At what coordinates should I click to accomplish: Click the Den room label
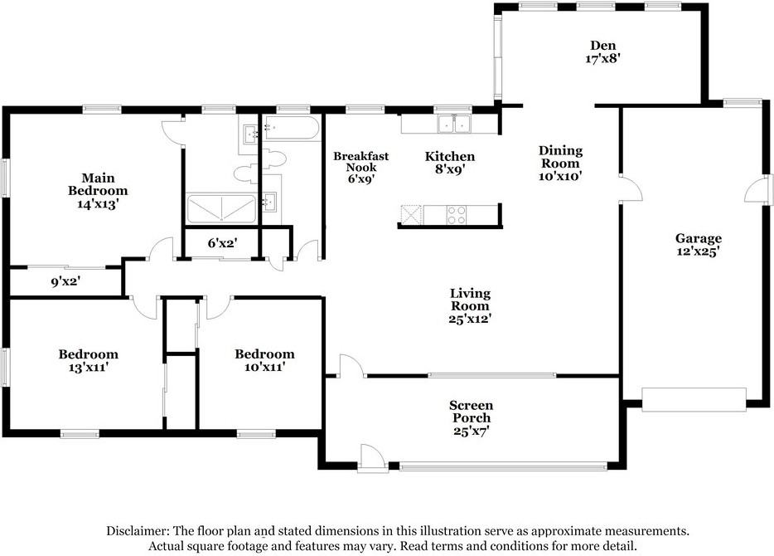click(603, 46)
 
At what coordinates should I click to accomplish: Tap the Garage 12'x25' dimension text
click(699, 251)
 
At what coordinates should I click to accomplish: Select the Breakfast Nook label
click(360, 162)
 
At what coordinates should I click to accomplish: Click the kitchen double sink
click(454, 124)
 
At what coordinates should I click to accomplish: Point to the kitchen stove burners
click(456, 215)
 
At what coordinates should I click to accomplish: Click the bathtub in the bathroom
click(291, 128)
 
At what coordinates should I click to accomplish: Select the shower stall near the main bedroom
click(221, 209)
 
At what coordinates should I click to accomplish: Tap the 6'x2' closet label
click(223, 243)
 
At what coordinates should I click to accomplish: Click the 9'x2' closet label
click(65, 281)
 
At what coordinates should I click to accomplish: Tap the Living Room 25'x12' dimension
click(470, 319)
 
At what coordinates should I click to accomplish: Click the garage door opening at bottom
click(694, 400)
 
